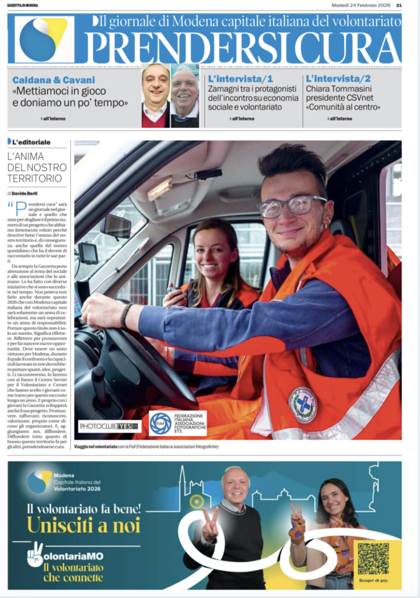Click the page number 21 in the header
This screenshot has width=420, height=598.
399,5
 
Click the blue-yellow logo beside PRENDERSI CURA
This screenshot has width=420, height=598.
44,39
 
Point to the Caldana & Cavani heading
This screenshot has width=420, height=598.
54,79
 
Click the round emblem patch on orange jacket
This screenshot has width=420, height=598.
302,405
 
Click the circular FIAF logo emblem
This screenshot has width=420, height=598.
160,423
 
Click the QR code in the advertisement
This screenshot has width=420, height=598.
373,558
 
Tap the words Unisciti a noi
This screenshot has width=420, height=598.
83,524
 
